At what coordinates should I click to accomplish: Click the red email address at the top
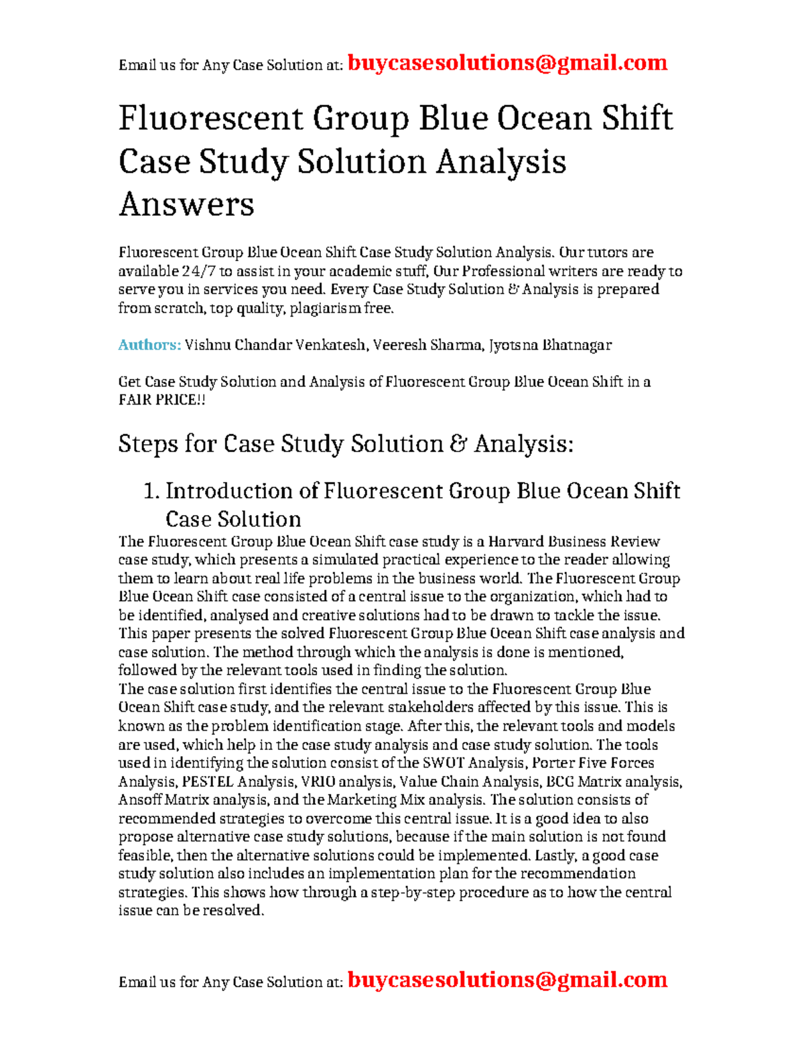pyautogui.click(x=508, y=63)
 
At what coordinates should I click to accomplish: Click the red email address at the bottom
pyautogui.click(x=508, y=980)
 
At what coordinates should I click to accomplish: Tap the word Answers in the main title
pyautogui.click(x=186, y=204)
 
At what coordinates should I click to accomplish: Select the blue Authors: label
pyautogui.click(x=149, y=345)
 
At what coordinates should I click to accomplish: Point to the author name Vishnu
pyautogui.click(x=208, y=345)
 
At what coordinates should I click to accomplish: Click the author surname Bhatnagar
pyautogui.click(x=577, y=345)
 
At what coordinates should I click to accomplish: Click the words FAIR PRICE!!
pyautogui.click(x=161, y=400)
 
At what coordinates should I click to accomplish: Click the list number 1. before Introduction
pyautogui.click(x=151, y=491)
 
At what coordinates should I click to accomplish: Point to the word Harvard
pyautogui.click(x=516, y=541)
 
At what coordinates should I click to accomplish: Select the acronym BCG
pyautogui.click(x=560, y=782)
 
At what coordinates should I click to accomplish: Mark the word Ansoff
pyautogui.click(x=139, y=800)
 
